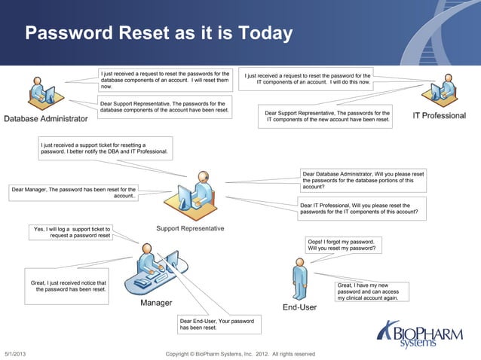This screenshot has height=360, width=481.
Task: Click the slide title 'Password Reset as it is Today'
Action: (158, 34)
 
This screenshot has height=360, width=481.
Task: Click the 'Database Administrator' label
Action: (46, 119)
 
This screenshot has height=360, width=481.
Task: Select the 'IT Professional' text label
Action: (440, 116)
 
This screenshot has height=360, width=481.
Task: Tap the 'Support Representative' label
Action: (190, 228)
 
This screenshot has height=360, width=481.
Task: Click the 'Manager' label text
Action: (156, 304)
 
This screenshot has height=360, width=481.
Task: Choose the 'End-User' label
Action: (299, 307)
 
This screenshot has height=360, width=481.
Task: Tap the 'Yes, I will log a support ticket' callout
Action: (72, 232)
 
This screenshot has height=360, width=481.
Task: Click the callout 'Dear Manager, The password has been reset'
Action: (74, 193)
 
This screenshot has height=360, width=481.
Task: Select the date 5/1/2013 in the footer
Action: (15, 354)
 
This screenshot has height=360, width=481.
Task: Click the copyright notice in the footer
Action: (240, 354)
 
